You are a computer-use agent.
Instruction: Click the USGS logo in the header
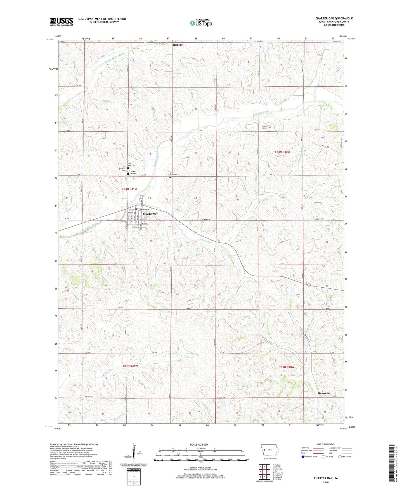tap(61, 22)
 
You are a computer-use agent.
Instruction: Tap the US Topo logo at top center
tap(201, 23)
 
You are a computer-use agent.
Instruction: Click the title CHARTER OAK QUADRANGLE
tap(334, 18)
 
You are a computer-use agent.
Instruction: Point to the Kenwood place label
tap(324, 393)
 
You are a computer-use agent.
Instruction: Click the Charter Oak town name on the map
tap(150, 214)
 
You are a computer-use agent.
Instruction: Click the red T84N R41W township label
tap(129, 189)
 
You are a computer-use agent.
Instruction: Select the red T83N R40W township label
tap(287, 367)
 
